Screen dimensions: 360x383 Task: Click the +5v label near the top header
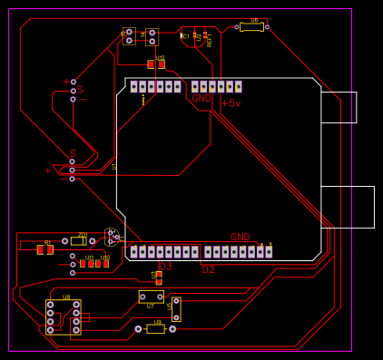click(x=231, y=103)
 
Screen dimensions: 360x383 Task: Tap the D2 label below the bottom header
click(x=208, y=269)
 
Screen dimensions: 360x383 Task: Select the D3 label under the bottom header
click(x=165, y=267)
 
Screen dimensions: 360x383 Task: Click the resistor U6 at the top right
click(x=251, y=27)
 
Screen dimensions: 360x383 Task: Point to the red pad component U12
click(x=156, y=64)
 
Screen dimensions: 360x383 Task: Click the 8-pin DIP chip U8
click(x=63, y=317)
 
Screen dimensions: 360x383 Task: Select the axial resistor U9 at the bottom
click(x=155, y=328)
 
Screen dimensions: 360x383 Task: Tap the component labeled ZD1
click(x=78, y=240)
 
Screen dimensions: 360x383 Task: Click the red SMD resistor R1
click(x=44, y=249)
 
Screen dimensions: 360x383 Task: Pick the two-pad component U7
click(x=151, y=297)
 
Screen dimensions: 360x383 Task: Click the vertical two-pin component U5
click(x=176, y=308)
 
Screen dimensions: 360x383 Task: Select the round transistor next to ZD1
click(x=111, y=237)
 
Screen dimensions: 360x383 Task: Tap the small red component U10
click(x=106, y=264)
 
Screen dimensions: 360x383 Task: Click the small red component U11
click(x=91, y=264)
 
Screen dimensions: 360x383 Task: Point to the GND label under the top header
click(x=201, y=98)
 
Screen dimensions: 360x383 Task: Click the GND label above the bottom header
click(x=240, y=237)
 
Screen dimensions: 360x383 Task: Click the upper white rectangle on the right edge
click(x=339, y=107)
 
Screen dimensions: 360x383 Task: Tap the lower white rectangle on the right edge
click(x=348, y=207)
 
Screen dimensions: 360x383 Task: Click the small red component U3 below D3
click(x=159, y=278)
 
